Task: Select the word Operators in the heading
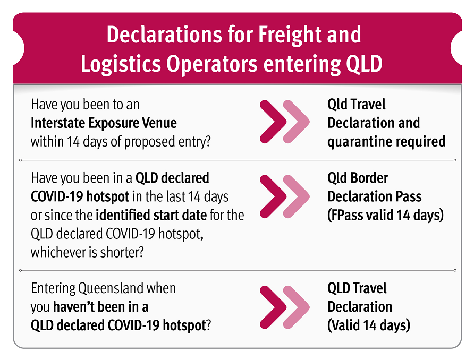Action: click(211, 64)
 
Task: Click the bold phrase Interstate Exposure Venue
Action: click(104, 123)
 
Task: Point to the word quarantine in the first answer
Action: click(361, 142)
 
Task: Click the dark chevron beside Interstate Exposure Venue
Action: click(273, 122)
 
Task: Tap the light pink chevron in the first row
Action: click(297, 122)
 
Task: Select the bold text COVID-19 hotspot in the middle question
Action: click(80, 196)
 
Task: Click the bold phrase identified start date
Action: click(151, 215)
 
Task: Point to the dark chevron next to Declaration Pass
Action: click(273, 196)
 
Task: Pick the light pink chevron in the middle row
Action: click(297, 196)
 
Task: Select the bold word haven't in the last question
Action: click(73, 307)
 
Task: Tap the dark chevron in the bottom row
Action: click(273, 307)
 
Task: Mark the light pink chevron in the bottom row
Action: click(297, 307)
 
